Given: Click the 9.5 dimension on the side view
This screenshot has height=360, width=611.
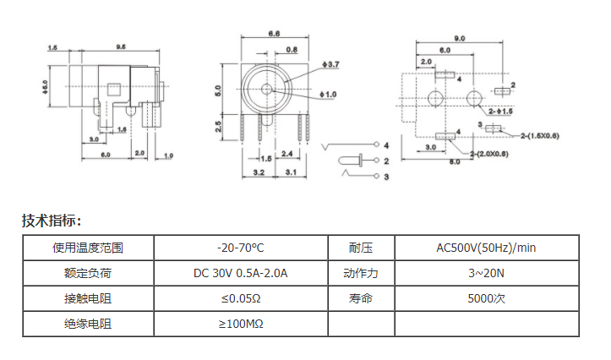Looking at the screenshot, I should pos(121,47).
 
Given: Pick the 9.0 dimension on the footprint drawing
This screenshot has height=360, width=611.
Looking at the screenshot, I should pos(460,39).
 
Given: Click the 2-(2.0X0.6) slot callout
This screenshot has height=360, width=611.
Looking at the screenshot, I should pos(488,153).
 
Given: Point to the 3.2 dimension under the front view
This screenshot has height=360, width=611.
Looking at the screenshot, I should pos(259,172).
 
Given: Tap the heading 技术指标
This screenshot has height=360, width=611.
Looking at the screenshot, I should pos(52,221).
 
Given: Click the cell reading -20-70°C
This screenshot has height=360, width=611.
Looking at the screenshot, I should pos(240,248).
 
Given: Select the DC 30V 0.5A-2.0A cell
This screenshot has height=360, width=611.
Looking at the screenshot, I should pos(240,273).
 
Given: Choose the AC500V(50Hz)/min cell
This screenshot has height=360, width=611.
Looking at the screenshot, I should pos(486,248).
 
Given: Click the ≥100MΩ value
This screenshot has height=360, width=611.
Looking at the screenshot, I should pos(240,324).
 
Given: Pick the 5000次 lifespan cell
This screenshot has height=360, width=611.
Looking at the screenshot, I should pos(486,298).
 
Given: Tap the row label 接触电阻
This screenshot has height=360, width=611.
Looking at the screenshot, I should pos(88,298).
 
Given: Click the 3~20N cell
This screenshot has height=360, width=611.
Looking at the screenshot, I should pos(486,273).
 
